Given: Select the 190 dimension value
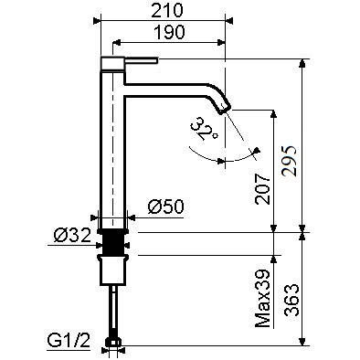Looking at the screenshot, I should pyautogui.click(x=169, y=33).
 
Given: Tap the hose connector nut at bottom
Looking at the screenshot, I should pyautogui.click(x=113, y=344).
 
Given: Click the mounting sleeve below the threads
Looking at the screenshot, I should pyautogui.click(x=113, y=270).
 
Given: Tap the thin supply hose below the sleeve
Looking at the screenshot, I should pyautogui.click(x=113, y=311).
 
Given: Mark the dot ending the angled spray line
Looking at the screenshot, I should pyautogui.click(x=259, y=151).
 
